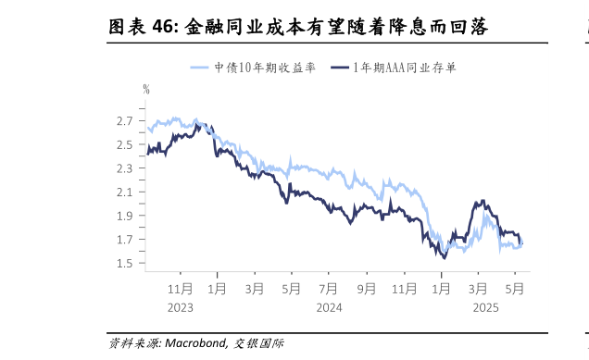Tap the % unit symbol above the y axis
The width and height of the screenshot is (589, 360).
tap(146, 89)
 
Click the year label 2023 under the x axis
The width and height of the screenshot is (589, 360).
tap(182, 306)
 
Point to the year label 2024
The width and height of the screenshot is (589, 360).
tap(329, 306)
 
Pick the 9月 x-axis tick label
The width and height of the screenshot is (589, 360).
tap(368, 288)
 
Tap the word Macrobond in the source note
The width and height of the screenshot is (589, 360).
tap(194, 343)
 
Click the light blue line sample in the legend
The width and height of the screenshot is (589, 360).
tap(201, 68)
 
